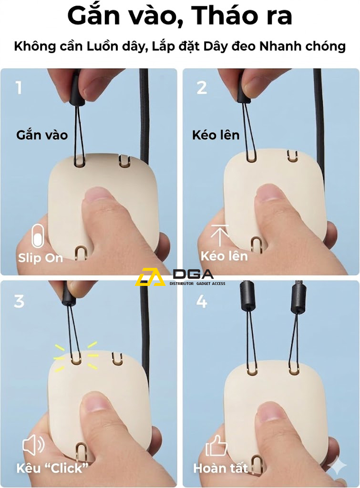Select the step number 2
[x=202, y=88]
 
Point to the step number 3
[x=19, y=301]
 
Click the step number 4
[x=202, y=302]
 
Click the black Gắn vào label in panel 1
[x=42, y=135]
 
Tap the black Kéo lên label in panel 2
[x=216, y=135]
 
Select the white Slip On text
[x=41, y=258]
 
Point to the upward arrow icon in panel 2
[x=219, y=235]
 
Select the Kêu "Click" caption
[x=52, y=468]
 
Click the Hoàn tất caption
[x=220, y=468]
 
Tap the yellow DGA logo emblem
[x=150, y=277]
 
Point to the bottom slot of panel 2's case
[x=256, y=245]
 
